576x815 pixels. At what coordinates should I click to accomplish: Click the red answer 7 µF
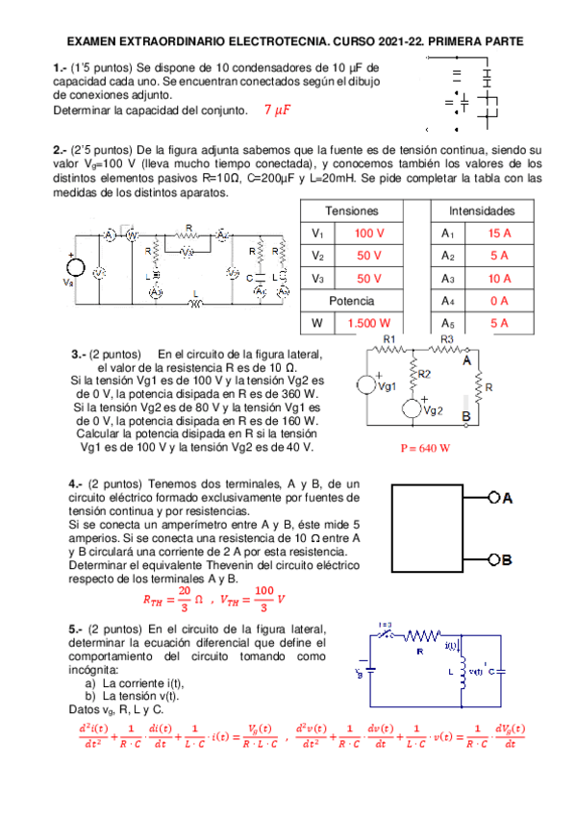click(x=276, y=110)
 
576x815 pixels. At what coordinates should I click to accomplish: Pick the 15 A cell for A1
click(x=499, y=234)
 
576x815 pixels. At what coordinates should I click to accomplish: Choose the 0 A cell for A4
click(x=499, y=301)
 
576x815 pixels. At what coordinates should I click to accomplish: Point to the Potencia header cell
click(x=352, y=301)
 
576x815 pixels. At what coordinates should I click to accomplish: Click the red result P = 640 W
click(x=425, y=448)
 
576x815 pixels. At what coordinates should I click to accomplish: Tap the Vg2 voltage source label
click(x=433, y=410)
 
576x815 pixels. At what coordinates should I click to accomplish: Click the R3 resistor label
click(x=447, y=340)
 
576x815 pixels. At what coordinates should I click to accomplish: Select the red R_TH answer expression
click(x=171, y=600)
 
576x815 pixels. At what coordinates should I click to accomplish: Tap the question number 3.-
click(x=80, y=354)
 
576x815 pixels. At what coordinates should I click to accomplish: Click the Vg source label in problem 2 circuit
click(x=67, y=284)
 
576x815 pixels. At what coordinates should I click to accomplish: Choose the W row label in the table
click(x=317, y=323)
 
